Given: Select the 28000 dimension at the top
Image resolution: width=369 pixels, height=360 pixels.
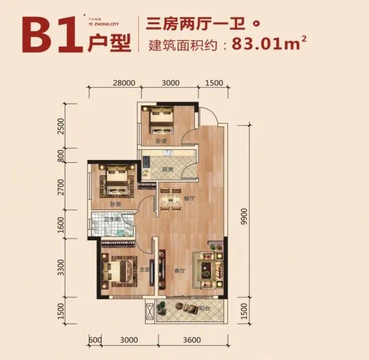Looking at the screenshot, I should tap(125, 83).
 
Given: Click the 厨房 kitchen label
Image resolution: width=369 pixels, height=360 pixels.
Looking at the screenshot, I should tap(169, 170).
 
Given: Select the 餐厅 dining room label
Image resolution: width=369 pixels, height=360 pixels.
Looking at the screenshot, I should tap(188, 199).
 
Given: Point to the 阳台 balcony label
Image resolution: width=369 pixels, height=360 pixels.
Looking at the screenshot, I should tap(202, 308).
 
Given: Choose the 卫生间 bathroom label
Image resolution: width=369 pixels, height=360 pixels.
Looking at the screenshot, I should tap(111, 220).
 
